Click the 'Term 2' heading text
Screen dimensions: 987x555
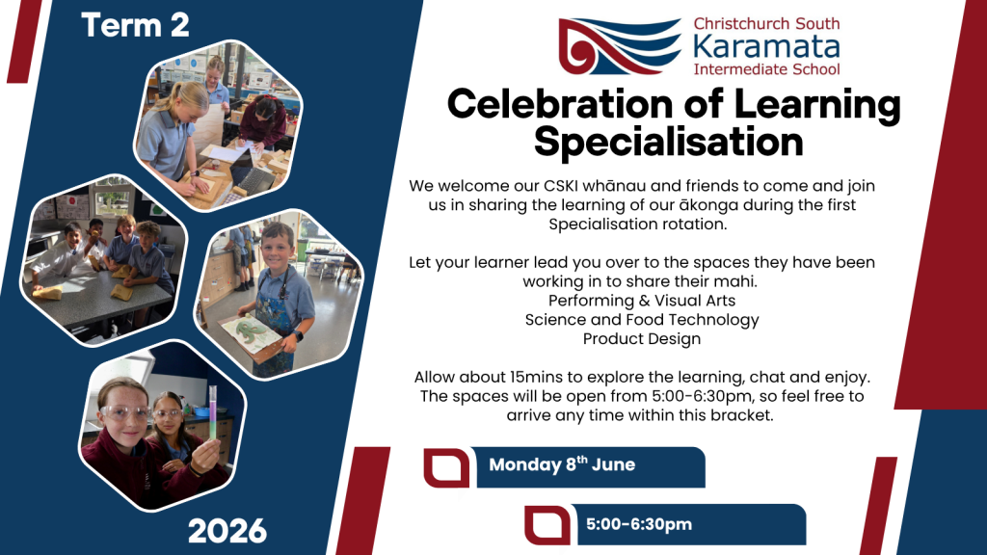click(135, 25)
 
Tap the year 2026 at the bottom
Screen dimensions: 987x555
click(227, 532)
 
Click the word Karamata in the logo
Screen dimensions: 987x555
click(766, 47)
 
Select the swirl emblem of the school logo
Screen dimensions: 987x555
click(620, 46)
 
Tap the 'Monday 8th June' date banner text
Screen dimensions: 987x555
click(562, 464)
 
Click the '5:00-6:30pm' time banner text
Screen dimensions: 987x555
click(639, 524)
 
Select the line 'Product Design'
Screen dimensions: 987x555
click(641, 338)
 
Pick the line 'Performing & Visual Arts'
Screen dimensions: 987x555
click(641, 301)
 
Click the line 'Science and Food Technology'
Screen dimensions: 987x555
click(641, 320)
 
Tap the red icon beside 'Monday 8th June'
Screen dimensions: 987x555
click(446, 468)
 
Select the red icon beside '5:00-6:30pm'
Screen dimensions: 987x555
click(547, 525)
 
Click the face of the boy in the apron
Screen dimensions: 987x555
click(279, 248)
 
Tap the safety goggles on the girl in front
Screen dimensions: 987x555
click(124, 413)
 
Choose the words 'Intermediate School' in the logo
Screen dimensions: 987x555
click(766, 69)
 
